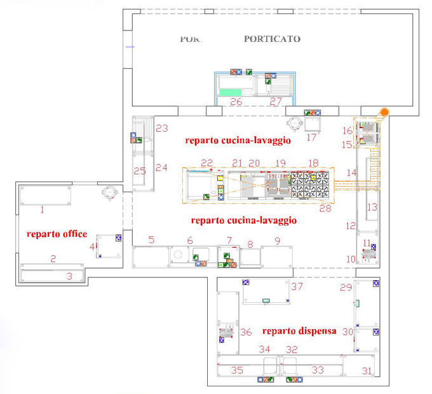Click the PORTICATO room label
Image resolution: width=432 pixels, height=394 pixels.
click(272, 39)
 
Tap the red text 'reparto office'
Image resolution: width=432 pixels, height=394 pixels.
click(57, 234)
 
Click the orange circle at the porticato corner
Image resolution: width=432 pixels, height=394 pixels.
click(384, 113)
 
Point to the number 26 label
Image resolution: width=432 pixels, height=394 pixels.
click(236, 102)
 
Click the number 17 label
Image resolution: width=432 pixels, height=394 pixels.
click(311, 137)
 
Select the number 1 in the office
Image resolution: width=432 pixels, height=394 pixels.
click(42, 209)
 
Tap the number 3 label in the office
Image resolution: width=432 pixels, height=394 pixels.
click(69, 276)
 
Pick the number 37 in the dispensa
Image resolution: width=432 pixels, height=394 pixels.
click(297, 286)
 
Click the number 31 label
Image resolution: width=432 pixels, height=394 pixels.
click(367, 370)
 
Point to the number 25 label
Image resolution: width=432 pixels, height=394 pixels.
click(140, 171)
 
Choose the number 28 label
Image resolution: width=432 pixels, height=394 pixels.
click(325, 208)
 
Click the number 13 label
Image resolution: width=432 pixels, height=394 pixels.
click(372, 207)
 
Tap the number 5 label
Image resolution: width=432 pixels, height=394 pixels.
click(151, 240)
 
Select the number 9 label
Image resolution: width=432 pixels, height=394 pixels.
click(277, 240)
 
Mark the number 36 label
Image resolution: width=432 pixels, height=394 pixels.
click(246, 332)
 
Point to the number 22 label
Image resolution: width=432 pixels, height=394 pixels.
click(207, 163)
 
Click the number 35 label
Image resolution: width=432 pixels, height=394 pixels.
click(236, 370)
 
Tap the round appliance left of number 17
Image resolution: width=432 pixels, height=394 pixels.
click(295, 122)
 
